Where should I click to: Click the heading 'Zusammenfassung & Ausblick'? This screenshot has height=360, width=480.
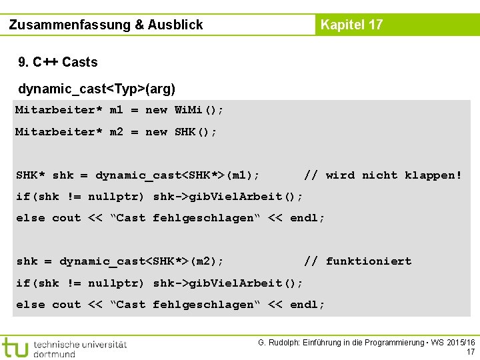[106, 25]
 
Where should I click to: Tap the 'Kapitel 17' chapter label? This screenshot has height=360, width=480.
[351, 25]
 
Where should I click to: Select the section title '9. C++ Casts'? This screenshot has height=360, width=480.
[58, 63]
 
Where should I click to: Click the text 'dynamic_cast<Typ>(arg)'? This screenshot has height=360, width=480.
[97, 89]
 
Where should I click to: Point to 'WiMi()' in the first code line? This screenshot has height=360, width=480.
[199, 110]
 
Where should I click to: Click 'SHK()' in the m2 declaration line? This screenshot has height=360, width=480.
[195, 132]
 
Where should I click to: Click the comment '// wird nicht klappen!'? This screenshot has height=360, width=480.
[383, 175]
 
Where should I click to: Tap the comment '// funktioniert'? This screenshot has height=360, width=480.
[357, 261]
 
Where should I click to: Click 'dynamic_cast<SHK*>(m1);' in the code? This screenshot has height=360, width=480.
[177, 175]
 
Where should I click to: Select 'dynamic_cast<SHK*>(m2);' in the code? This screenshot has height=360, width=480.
[141, 261]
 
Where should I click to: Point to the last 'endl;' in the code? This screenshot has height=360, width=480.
[307, 305]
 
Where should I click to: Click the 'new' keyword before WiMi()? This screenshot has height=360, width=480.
[156, 110]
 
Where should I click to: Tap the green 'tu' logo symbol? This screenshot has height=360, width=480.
[15, 347]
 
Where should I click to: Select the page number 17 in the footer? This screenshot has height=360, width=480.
[471, 352]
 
